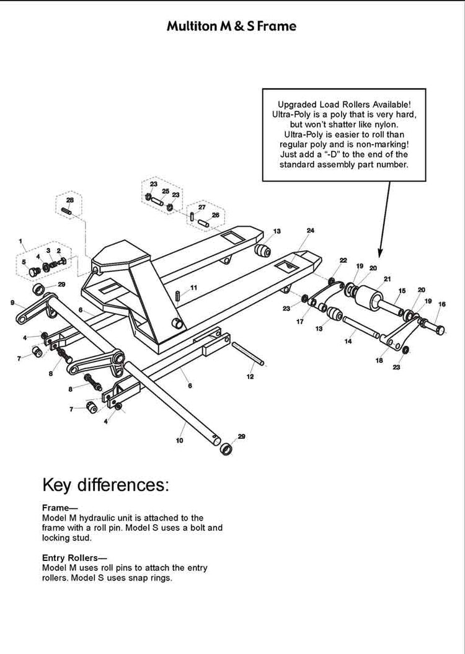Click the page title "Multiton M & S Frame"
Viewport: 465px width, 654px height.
tap(231, 26)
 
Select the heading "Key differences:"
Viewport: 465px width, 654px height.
tap(105, 484)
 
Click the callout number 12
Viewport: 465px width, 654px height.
tap(250, 376)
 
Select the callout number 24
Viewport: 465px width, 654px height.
tap(310, 231)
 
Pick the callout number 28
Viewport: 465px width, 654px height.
tap(70, 200)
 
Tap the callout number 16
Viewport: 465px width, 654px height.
tap(441, 304)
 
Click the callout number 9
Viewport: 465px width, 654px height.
tap(12, 302)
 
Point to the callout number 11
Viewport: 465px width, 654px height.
tap(193, 288)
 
